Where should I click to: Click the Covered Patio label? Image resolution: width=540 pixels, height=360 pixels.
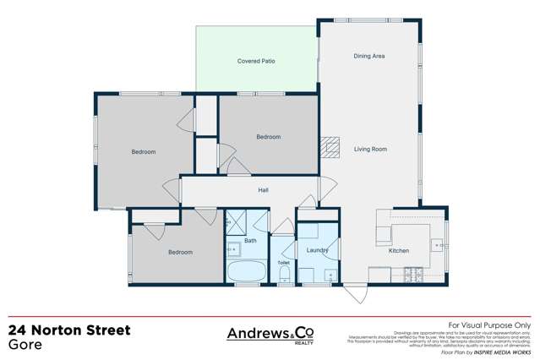[x=255, y=61]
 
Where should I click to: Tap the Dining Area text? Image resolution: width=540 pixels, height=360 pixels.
[x=368, y=56]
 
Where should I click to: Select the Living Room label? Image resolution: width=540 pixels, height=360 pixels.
[x=370, y=149]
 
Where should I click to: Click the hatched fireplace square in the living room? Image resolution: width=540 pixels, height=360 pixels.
[x=330, y=146]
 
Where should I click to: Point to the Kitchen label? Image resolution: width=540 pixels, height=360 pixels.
[x=398, y=251]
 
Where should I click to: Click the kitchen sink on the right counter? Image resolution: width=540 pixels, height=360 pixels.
[x=437, y=245]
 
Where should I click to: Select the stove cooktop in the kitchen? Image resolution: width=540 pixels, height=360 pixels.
[x=413, y=274]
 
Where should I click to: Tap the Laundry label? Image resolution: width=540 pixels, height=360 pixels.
[x=317, y=250]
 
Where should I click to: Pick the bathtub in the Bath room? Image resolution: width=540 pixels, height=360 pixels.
[x=246, y=273]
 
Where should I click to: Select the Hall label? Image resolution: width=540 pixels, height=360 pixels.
[x=263, y=190]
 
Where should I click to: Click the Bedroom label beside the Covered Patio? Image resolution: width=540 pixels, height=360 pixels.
[x=268, y=136]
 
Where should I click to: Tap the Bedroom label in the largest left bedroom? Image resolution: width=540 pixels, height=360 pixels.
[x=143, y=152]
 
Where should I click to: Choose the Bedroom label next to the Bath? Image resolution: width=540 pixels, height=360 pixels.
[x=179, y=252]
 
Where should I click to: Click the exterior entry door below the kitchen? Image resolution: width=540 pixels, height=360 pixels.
[x=357, y=295]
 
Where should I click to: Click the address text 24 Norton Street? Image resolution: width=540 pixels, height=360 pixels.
[x=69, y=330]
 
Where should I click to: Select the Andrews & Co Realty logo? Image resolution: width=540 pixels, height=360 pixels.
[x=270, y=335]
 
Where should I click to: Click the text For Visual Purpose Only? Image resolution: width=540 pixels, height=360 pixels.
[x=488, y=325]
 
